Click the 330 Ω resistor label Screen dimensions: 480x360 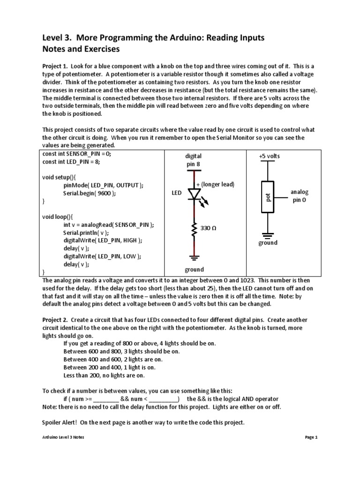pos(208,228)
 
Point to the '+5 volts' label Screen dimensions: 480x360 pos(269,156)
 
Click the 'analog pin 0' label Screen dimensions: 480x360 pos(300,196)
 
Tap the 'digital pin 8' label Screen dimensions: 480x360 pos(194,160)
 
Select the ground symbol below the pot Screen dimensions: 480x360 pos(268,234)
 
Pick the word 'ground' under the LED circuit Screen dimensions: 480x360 pos(194,270)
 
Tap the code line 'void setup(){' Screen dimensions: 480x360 pos(61,177)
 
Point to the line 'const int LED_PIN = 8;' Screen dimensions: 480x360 pos(71,162)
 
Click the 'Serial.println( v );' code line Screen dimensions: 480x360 pos(86,232)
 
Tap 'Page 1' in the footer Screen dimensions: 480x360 pos(311,437)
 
